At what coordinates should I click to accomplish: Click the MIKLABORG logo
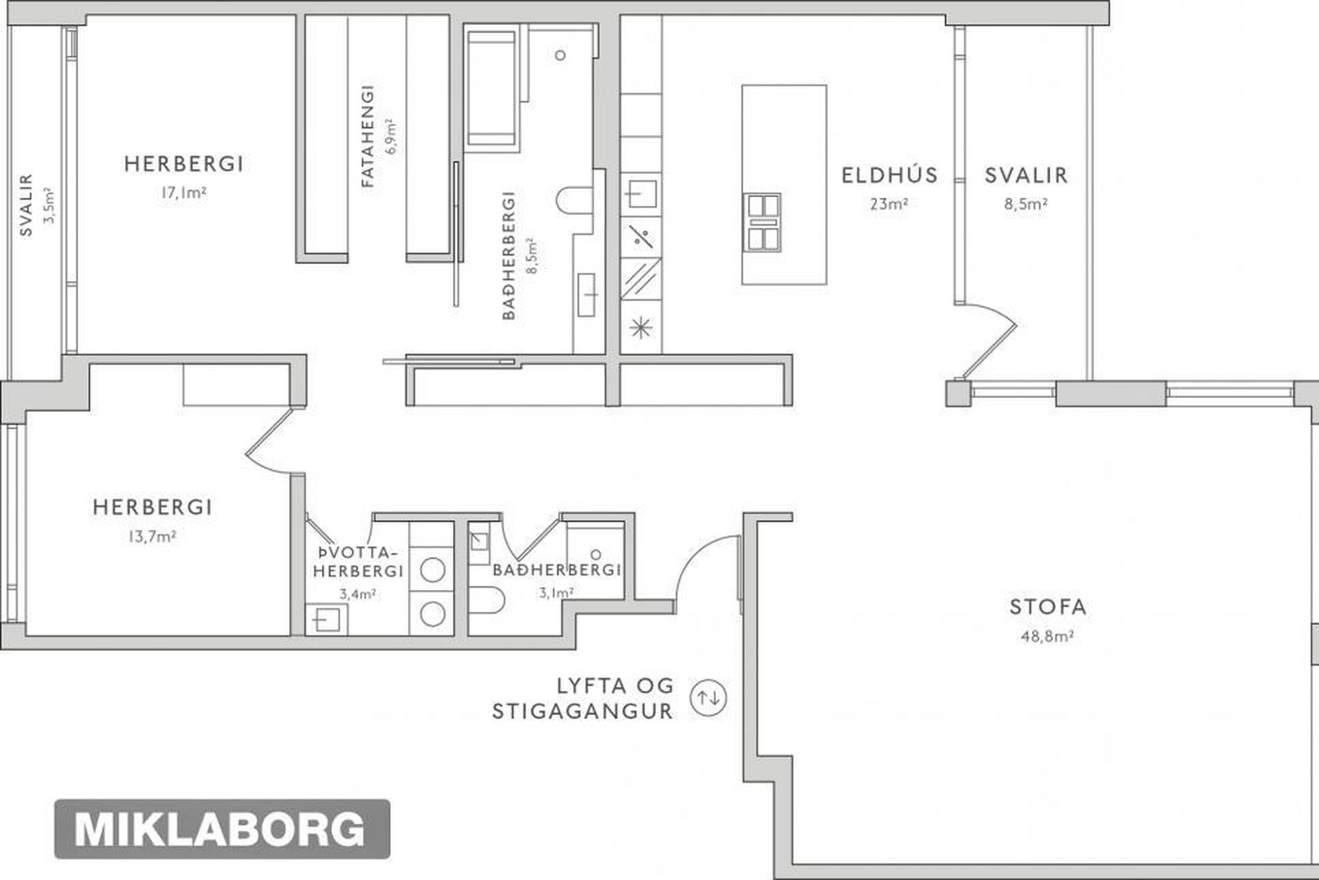pyautogui.click(x=221, y=829)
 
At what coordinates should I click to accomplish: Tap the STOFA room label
pyautogui.click(x=1048, y=607)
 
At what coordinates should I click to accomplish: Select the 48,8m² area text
pyautogui.click(x=1047, y=637)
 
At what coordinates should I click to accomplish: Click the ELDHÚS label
pyautogui.click(x=890, y=175)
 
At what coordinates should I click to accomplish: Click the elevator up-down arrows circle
pyautogui.click(x=708, y=698)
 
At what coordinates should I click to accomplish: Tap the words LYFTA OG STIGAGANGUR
pyautogui.click(x=583, y=698)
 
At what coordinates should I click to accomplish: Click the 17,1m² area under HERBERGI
pyautogui.click(x=183, y=193)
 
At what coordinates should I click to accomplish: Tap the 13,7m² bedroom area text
pyautogui.click(x=152, y=537)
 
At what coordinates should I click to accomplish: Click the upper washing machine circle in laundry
pyautogui.click(x=433, y=570)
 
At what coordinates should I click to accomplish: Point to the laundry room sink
pyautogui.click(x=326, y=619)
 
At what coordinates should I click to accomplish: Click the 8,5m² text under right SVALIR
pyautogui.click(x=1026, y=204)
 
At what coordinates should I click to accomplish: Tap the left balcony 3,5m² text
pyautogui.click(x=49, y=205)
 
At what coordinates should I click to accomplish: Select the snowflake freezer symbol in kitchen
pyautogui.click(x=640, y=327)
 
